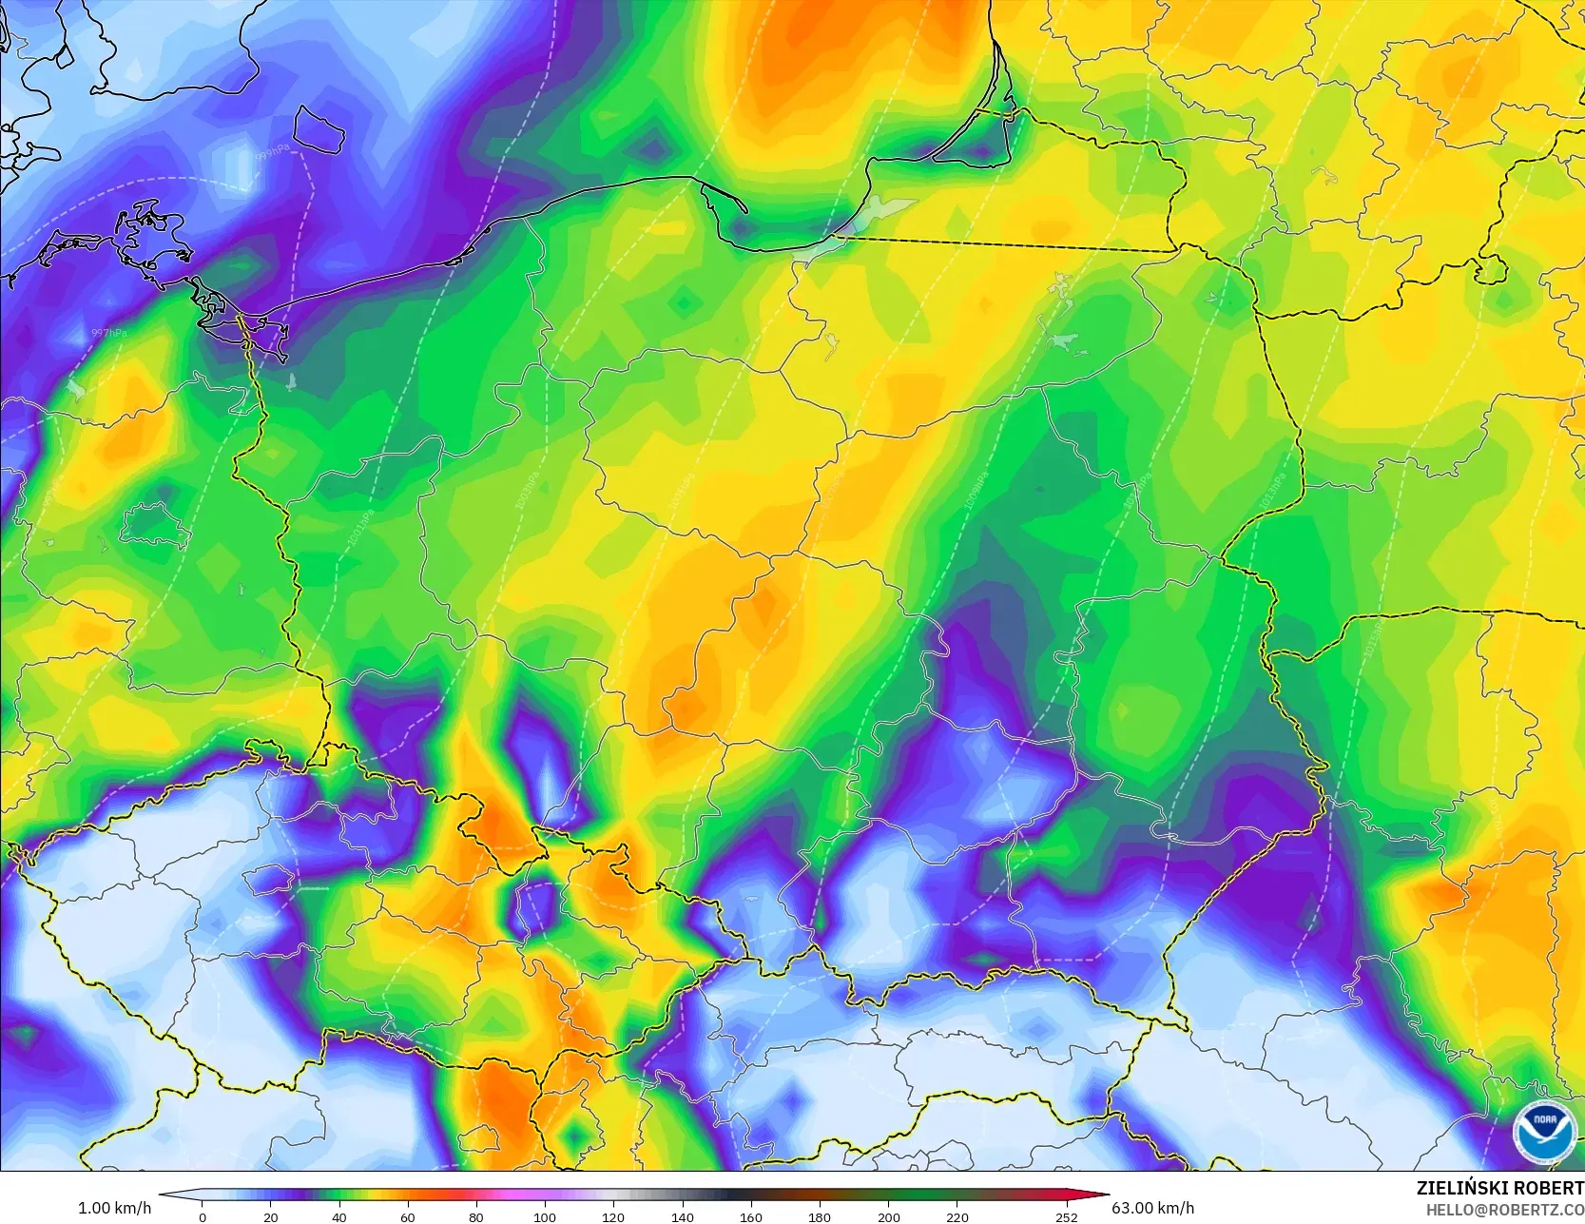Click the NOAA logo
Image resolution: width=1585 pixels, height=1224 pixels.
(1544, 1131)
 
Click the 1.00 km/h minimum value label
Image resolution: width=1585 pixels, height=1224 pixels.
(114, 1208)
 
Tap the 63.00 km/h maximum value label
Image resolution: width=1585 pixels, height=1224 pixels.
(1152, 1208)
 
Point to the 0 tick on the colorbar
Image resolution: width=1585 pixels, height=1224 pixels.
(203, 1216)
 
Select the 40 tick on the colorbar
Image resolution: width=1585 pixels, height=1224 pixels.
(339, 1216)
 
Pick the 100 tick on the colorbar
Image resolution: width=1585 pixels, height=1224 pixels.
(544, 1216)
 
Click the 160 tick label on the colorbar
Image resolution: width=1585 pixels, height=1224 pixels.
(750, 1216)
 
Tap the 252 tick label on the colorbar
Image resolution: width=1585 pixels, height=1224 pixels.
(1066, 1216)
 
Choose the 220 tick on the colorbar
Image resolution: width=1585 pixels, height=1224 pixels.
(957, 1216)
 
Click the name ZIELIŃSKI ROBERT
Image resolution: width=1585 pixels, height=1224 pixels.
(1499, 1188)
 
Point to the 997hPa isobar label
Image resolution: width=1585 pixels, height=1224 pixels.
(108, 333)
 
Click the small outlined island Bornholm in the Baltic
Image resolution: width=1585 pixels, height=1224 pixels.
(318, 129)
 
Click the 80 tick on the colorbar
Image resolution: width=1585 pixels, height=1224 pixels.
(475, 1216)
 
